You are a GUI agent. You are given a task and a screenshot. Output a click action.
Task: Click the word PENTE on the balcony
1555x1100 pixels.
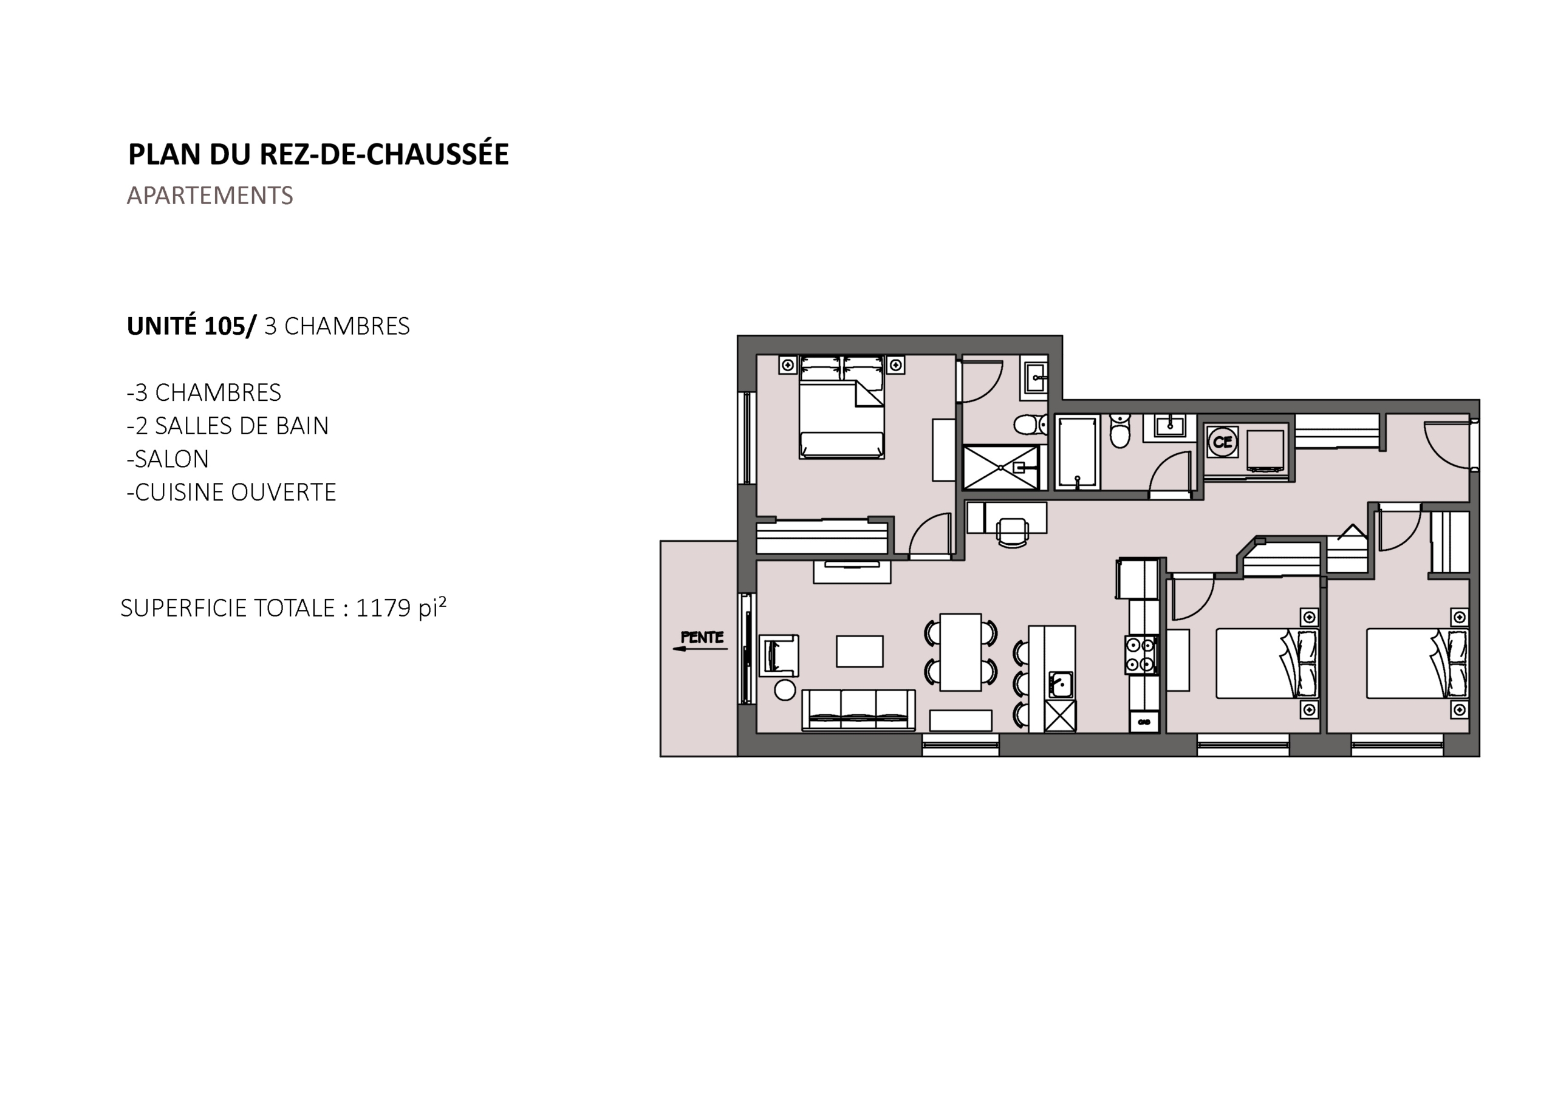pyautogui.click(x=702, y=637)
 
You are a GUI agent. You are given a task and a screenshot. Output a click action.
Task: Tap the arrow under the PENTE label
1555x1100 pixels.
pyautogui.click(x=700, y=649)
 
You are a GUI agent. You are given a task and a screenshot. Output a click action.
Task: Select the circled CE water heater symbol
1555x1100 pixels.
pyautogui.click(x=1223, y=442)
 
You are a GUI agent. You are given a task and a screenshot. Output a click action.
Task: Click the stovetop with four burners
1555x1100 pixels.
pyautogui.click(x=1141, y=655)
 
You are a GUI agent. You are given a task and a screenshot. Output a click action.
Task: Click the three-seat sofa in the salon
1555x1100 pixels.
pyautogui.click(x=858, y=710)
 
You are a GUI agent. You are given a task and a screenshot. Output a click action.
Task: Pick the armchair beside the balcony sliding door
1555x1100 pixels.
pyautogui.click(x=779, y=655)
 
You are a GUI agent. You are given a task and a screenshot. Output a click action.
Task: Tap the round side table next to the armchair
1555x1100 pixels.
pyautogui.click(x=785, y=690)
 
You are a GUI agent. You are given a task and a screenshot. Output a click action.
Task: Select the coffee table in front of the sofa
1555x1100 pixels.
pyautogui.click(x=860, y=651)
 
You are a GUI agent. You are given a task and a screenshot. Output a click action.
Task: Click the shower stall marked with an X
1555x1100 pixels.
pyautogui.click(x=1001, y=467)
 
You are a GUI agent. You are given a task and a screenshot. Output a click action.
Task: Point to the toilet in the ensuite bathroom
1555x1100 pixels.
pyautogui.click(x=1030, y=425)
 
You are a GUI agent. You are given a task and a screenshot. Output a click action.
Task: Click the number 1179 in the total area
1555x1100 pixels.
pyautogui.click(x=383, y=608)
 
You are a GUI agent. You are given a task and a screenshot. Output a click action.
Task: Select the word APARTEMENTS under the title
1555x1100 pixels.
pyautogui.click(x=210, y=196)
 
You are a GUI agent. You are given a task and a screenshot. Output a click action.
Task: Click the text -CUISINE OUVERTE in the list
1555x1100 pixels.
pyautogui.click(x=231, y=493)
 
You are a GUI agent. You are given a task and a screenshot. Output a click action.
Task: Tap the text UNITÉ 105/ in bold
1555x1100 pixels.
pyautogui.click(x=192, y=327)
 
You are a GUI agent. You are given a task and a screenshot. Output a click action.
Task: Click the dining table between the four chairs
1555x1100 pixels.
pyautogui.click(x=960, y=652)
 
